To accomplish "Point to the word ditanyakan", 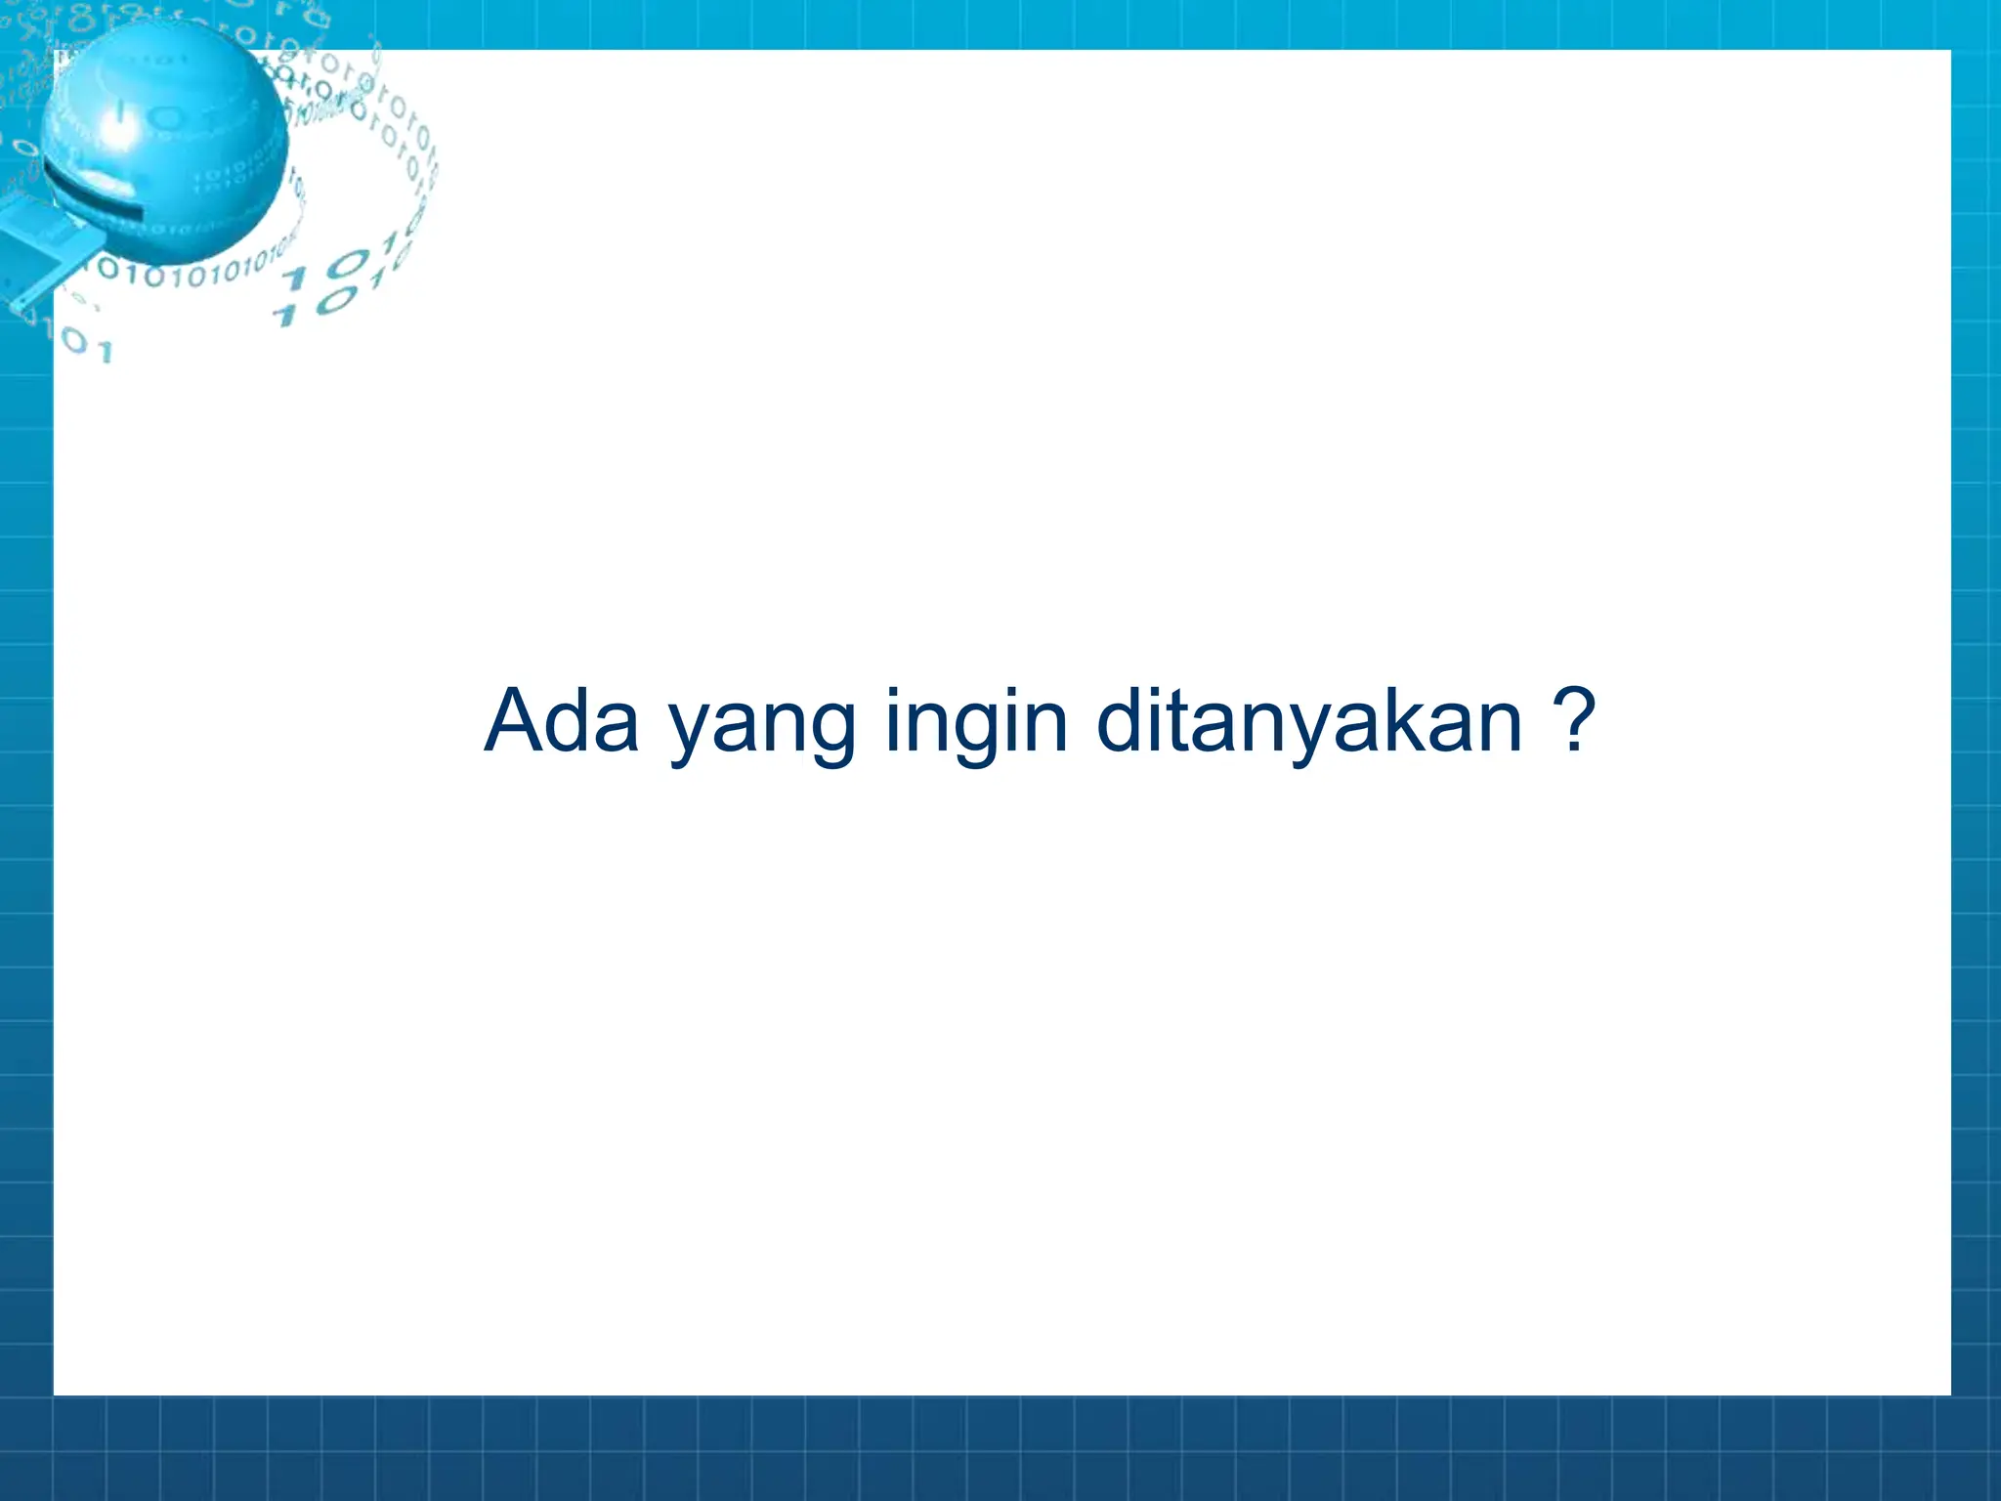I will [x=1309, y=723].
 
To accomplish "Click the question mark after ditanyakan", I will [x=1574, y=721].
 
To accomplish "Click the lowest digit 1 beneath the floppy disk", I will [x=105, y=351].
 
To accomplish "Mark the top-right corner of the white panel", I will [x=1949, y=52].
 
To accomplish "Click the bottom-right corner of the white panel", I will [x=1949, y=1394].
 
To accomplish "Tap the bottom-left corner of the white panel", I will [x=55, y=1394].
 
